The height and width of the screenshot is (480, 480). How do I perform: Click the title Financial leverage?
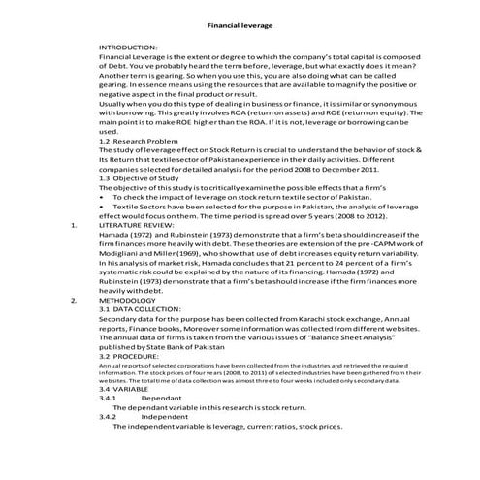pyautogui.click(x=240, y=25)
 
